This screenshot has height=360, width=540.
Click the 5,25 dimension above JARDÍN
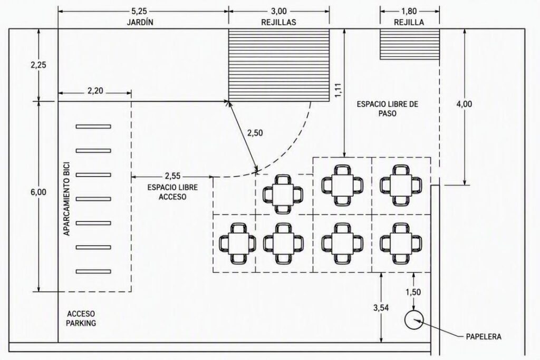(x=139, y=11)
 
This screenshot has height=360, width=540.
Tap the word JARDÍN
(x=140, y=22)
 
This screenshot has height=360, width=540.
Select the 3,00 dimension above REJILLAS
(x=278, y=11)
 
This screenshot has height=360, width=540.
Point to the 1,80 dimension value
(x=409, y=11)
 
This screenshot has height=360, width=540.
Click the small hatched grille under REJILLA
(x=410, y=44)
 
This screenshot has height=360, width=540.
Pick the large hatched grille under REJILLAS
(x=279, y=65)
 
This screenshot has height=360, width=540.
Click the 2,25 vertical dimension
(x=38, y=65)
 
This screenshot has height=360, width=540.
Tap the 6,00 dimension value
(x=38, y=192)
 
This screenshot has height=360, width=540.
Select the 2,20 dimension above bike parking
(x=95, y=91)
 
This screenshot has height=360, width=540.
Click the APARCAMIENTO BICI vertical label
(x=67, y=199)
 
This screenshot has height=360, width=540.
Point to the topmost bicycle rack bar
(x=93, y=127)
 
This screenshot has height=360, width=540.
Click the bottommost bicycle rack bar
(x=93, y=271)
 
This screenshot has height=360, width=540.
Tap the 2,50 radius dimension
(x=255, y=132)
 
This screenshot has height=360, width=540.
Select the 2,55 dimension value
(x=172, y=176)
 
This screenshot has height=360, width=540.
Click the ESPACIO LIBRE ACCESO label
(x=172, y=192)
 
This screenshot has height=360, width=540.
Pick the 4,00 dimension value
(x=464, y=104)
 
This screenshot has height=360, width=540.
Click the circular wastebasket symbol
(x=413, y=320)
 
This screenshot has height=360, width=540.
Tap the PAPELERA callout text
(x=484, y=336)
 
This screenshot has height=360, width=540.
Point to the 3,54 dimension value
(x=381, y=308)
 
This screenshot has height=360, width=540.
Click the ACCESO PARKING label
(x=81, y=318)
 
